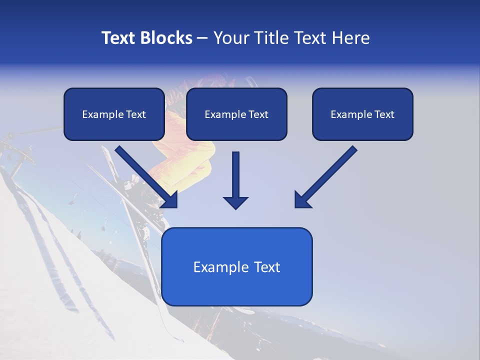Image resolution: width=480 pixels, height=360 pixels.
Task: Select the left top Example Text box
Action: pos(114,114)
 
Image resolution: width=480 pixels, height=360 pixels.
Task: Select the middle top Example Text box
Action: pos(236,114)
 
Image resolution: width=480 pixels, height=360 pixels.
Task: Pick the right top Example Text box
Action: pos(362,114)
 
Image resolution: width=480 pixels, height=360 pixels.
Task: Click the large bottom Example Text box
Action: pos(236,266)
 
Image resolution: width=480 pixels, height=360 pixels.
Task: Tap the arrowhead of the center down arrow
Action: pos(235,202)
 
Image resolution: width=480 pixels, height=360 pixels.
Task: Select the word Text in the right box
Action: pos(384,114)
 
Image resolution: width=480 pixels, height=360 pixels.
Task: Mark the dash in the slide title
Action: pos(202,38)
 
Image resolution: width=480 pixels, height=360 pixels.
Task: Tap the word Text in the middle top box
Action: pos(258,114)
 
